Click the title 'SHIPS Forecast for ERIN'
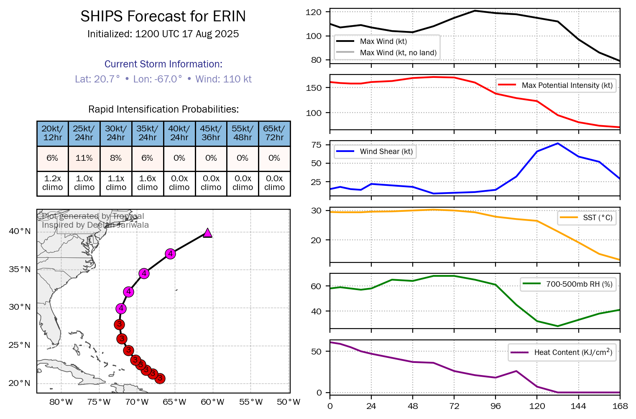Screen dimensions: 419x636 click(163, 16)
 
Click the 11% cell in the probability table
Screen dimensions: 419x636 click(84, 158)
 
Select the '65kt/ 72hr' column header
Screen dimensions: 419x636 click(274, 133)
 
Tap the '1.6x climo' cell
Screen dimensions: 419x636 click(148, 183)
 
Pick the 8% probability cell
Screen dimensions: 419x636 click(116, 158)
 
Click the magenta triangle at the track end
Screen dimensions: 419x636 click(207, 233)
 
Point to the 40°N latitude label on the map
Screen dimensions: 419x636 click(20, 231)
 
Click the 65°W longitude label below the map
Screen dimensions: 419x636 click(174, 402)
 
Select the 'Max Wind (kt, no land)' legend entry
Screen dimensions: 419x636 click(398, 53)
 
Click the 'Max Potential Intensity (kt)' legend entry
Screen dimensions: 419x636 click(567, 85)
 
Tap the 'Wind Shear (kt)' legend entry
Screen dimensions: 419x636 click(386, 152)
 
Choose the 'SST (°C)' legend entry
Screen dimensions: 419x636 click(598, 218)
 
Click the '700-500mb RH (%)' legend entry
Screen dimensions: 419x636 click(579, 284)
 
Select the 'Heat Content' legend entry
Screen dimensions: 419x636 click(573, 352)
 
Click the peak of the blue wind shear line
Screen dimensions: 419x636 click(558, 143)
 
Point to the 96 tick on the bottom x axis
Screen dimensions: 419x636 click(496, 406)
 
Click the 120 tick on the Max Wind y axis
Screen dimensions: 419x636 click(314, 12)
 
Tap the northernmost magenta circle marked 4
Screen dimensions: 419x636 click(170, 254)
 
